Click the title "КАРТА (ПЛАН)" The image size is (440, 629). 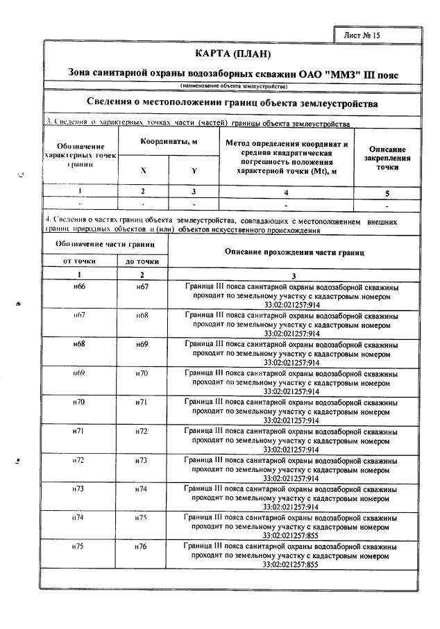click(x=232, y=54)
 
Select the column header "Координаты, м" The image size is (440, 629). click(x=169, y=141)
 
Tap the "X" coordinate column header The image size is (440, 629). click(x=144, y=170)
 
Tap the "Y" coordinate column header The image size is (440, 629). click(x=194, y=170)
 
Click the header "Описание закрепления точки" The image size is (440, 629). click(x=387, y=158)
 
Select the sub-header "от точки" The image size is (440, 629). click(x=79, y=261)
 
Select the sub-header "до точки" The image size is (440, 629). click(x=142, y=261)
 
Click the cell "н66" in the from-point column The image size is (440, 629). click(x=79, y=286)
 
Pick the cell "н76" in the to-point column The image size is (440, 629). click(x=142, y=547)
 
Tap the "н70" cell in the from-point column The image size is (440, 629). click(x=79, y=402)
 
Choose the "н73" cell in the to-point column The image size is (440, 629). click(x=142, y=460)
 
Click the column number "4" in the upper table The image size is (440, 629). click(x=286, y=191)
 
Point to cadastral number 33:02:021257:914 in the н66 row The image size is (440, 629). click(x=291, y=304)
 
